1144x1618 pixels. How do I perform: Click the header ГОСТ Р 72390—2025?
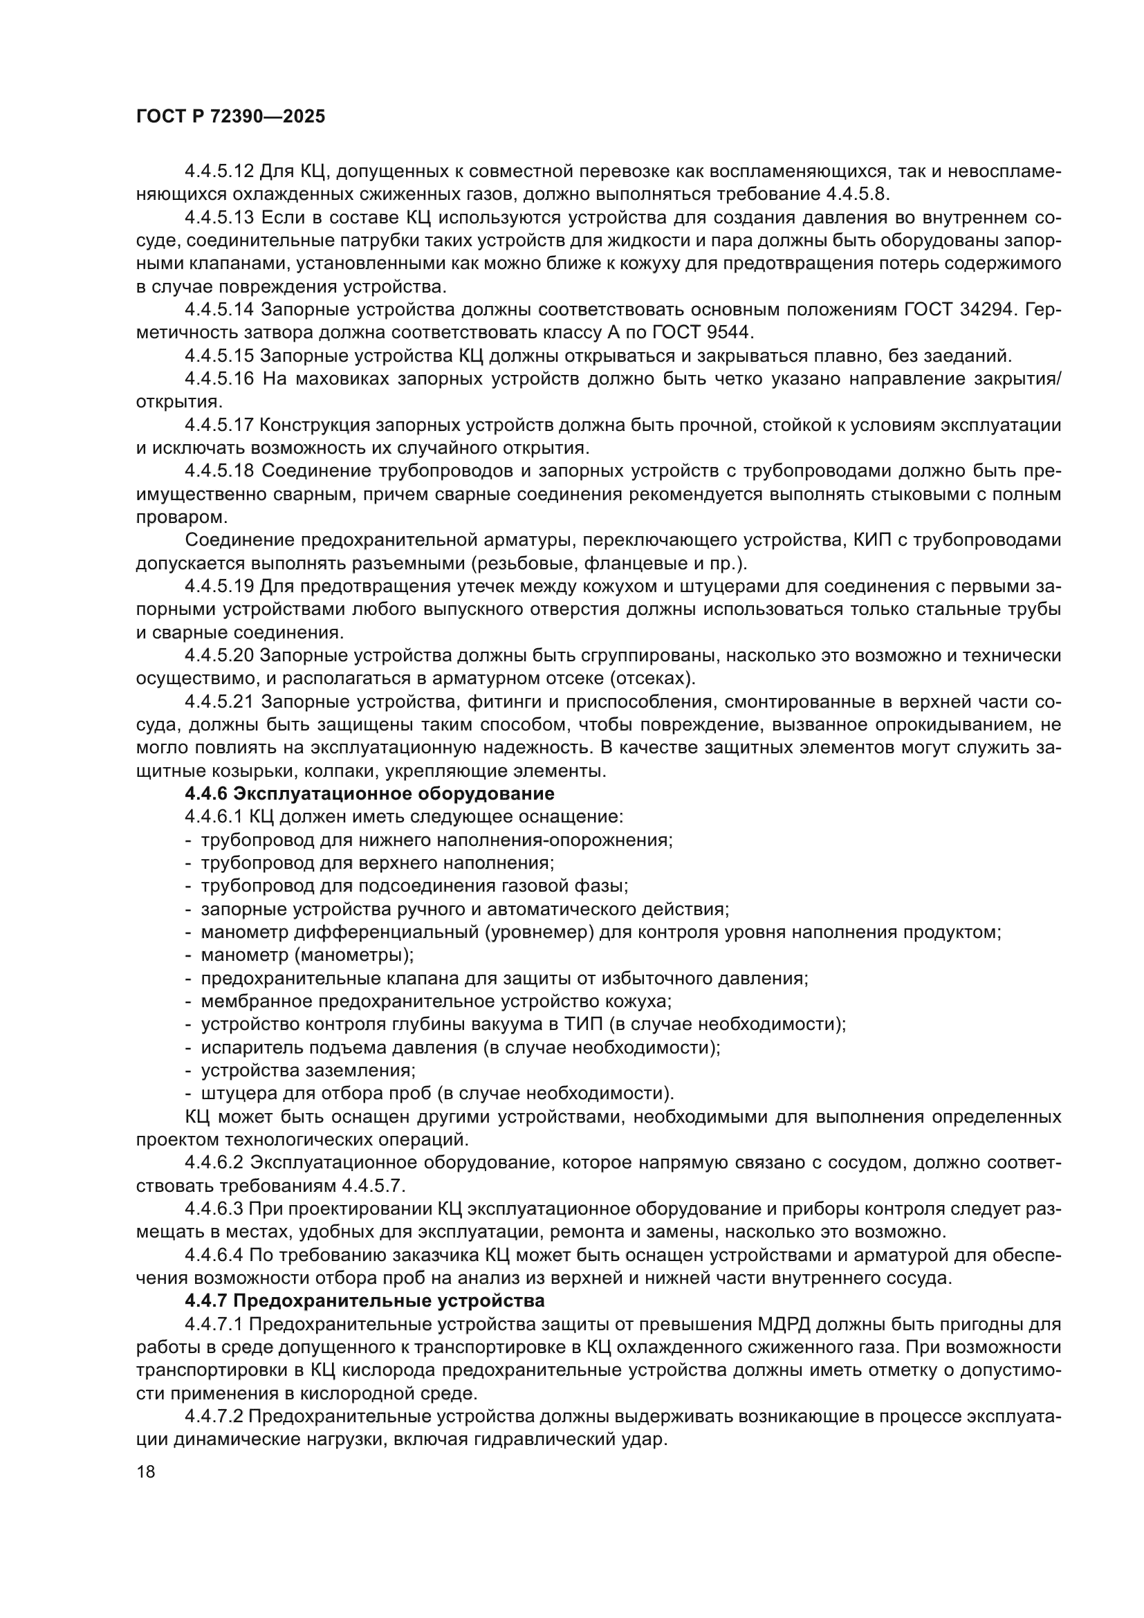pyautogui.click(x=230, y=117)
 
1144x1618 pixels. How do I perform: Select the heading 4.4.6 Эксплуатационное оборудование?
pyautogui.click(x=369, y=793)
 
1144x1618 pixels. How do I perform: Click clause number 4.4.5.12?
pyautogui.click(x=219, y=172)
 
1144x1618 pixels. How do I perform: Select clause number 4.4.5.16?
pyautogui.click(x=219, y=379)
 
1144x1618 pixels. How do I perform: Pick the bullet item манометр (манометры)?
pyautogui.click(x=307, y=955)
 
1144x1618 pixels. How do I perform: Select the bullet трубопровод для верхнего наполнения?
pyautogui.click(x=378, y=863)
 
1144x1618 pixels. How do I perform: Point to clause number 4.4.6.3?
pyautogui.click(x=214, y=1208)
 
